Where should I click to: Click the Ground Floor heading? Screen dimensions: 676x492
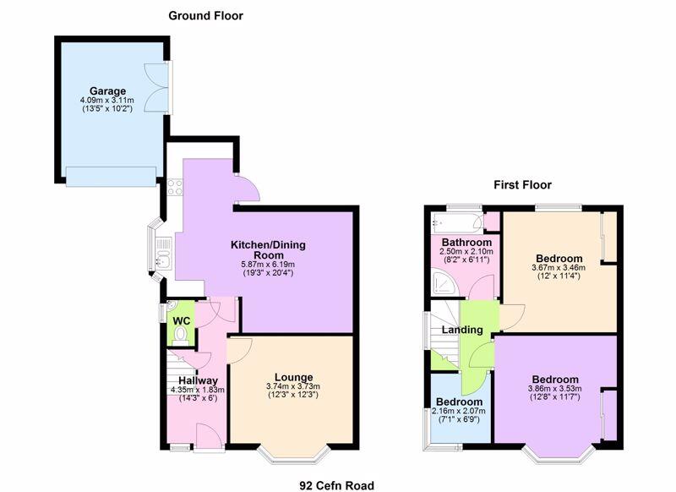(205, 16)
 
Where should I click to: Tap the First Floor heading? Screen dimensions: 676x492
(522, 185)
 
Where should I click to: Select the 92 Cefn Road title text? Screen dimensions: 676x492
(336, 485)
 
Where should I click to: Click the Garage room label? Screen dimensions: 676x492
(108, 91)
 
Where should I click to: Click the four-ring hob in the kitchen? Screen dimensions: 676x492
(175, 188)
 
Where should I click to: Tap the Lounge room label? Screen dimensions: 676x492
(293, 378)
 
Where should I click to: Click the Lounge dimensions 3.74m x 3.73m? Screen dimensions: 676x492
(293, 386)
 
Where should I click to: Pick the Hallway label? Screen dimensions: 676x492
(199, 380)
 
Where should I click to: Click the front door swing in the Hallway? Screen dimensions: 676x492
(209, 436)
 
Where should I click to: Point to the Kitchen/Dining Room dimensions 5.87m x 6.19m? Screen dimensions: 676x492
(268, 265)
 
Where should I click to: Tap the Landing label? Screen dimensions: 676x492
(462, 330)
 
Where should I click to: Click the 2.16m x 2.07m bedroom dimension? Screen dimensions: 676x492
(459, 411)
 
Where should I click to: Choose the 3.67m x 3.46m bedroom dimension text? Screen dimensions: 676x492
(559, 267)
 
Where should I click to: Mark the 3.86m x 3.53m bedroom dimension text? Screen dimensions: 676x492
(555, 389)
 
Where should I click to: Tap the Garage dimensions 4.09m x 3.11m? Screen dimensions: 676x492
(107, 100)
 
